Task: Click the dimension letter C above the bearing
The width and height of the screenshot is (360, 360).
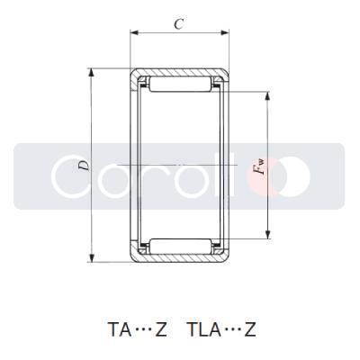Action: click(x=178, y=25)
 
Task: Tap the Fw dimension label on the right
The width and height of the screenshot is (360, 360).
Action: click(x=261, y=165)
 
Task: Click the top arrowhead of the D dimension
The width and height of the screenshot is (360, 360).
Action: click(x=92, y=72)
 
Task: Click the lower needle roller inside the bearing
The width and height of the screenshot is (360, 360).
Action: click(x=179, y=246)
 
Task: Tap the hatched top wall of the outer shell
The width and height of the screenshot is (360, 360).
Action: click(x=179, y=71)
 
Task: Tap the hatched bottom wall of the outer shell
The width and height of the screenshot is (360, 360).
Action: click(x=179, y=259)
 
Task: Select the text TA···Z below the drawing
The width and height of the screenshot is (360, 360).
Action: click(x=136, y=328)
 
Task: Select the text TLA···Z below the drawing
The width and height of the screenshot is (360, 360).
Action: click(x=220, y=328)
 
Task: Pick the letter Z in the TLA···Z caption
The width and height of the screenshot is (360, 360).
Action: click(x=249, y=328)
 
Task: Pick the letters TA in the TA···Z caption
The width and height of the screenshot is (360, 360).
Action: click(x=116, y=328)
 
